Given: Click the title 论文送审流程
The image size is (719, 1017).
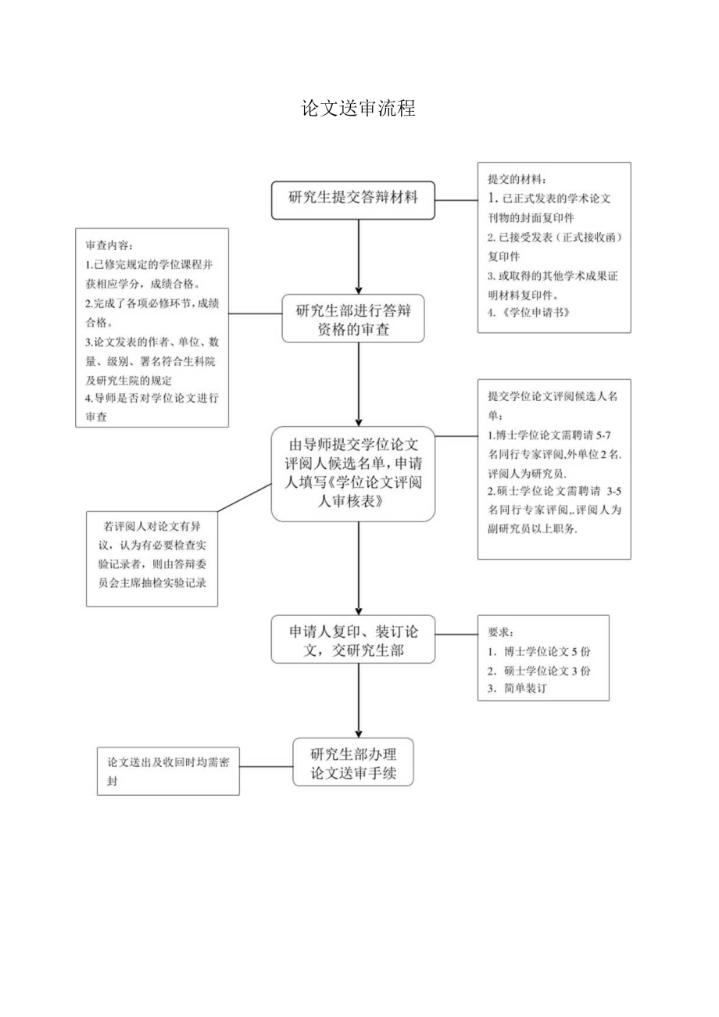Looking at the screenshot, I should coord(359,109).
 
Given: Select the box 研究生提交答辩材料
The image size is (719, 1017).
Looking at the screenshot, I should coord(353,199).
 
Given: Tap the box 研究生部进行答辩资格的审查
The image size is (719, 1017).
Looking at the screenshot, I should coord(353,319).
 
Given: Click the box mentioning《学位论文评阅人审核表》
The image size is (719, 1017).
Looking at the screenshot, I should coord(353,474).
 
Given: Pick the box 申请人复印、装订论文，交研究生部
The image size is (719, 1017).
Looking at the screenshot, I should coord(353,639).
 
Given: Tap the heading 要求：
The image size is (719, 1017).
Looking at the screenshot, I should coord(503,632).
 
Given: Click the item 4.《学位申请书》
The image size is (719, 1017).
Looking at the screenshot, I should coord(527,313).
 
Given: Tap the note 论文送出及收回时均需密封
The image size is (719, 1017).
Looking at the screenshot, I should coord(169,772).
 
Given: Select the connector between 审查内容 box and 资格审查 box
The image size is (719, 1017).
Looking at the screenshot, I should coord(256,314).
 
